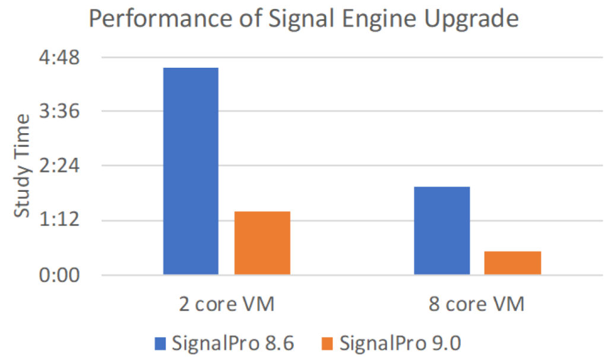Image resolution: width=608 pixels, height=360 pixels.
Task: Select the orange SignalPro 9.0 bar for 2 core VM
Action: pos(262,243)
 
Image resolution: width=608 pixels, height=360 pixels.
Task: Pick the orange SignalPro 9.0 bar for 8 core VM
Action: pos(512,263)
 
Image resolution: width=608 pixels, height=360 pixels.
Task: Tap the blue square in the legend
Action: pos(160,343)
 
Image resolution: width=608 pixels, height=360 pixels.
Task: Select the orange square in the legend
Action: pos(330,343)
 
